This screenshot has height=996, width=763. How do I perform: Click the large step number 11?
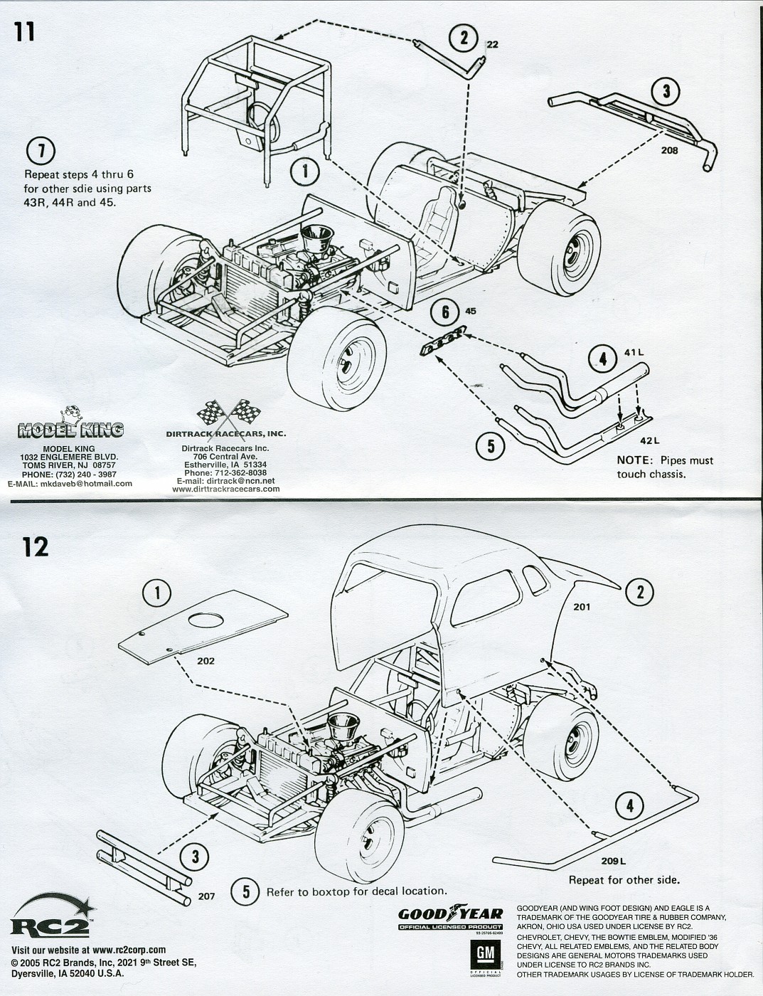tap(24, 33)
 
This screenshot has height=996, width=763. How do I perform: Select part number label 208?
tap(668, 150)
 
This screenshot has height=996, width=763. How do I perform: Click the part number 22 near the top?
tap(493, 45)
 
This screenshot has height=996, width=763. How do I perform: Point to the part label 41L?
tap(633, 353)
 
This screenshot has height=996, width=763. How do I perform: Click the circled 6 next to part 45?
tap(445, 312)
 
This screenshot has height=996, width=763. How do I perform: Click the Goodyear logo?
tap(449, 915)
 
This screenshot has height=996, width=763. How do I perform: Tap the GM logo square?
tap(485, 953)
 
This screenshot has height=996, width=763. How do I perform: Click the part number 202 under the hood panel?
tap(206, 661)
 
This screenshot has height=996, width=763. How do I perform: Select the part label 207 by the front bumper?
tap(206, 896)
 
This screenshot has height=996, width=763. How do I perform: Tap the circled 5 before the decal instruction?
tap(246, 891)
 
